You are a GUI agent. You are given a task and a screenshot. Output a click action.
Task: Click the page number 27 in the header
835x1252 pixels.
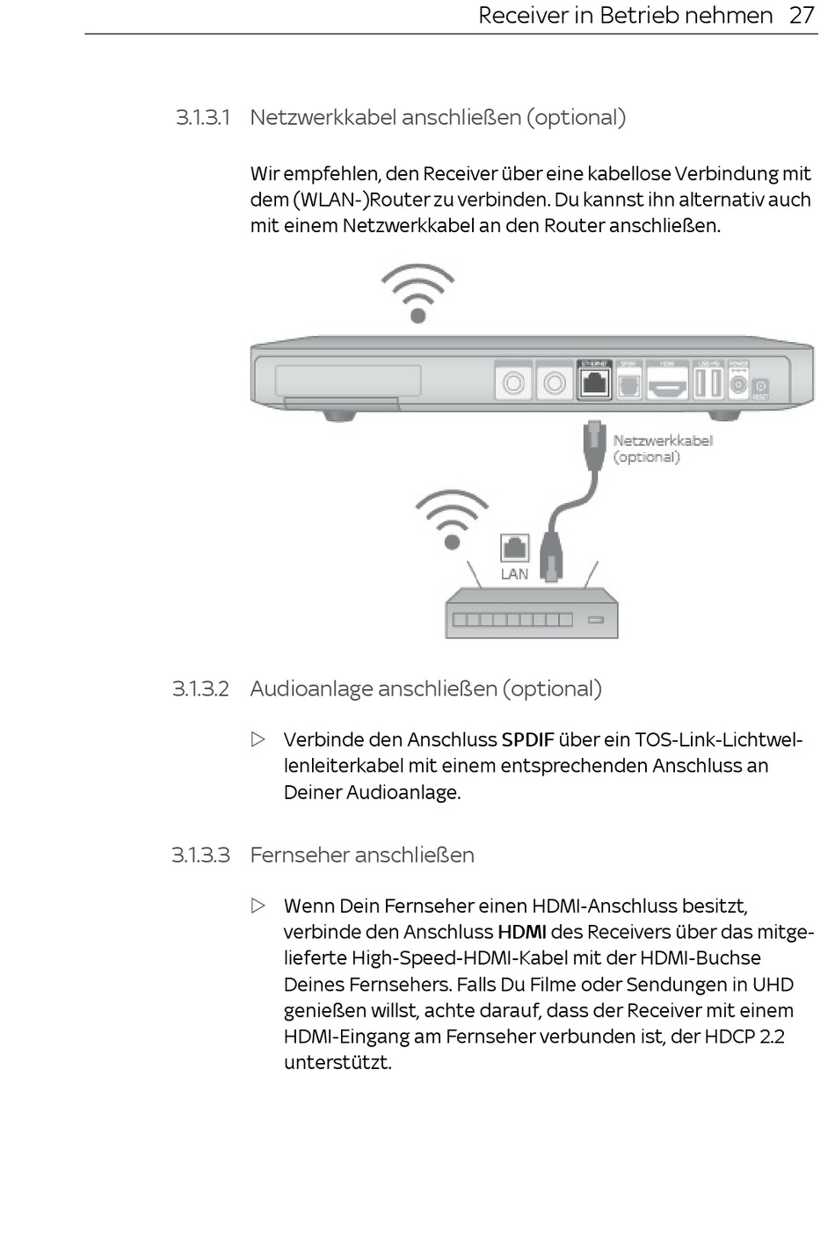click(x=802, y=16)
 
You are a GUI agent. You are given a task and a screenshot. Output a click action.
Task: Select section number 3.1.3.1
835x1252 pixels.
click(x=202, y=118)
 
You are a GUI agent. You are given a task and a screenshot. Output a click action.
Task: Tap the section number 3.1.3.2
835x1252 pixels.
click(x=200, y=689)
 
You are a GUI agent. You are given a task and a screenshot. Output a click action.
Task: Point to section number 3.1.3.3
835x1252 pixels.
click(x=200, y=855)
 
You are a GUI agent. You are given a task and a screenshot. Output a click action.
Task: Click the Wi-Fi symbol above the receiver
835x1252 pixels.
click(x=417, y=294)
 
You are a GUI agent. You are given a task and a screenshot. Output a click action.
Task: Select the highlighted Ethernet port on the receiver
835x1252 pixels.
click(x=595, y=382)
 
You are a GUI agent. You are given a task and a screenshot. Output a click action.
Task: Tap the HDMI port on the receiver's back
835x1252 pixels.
click(x=668, y=383)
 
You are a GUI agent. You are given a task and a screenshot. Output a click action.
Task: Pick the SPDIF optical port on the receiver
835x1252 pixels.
click(x=629, y=383)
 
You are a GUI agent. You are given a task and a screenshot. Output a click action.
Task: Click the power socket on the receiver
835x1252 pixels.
click(x=738, y=383)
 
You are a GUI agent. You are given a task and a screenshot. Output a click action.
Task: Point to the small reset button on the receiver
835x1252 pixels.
click(x=760, y=387)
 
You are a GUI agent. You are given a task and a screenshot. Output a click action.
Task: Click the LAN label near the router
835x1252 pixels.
click(x=514, y=574)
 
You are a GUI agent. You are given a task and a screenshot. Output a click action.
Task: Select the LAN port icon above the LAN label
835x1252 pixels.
click(x=514, y=548)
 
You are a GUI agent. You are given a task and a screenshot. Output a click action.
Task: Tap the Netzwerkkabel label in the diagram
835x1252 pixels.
click(x=663, y=440)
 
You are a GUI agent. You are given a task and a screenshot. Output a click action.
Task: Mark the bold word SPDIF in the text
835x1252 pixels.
click(x=527, y=740)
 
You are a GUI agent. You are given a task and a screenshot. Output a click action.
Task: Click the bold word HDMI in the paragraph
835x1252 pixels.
click(x=522, y=932)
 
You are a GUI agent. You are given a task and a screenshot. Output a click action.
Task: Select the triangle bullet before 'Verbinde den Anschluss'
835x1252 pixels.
click(x=258, y=739)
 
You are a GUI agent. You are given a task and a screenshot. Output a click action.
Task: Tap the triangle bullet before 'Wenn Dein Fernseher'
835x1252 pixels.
click(x=258, y=906)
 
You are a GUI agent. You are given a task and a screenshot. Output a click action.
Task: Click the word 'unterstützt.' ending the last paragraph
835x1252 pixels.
click(x=338, y=1063)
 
